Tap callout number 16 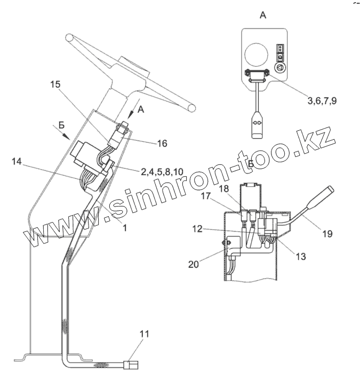point(162,143)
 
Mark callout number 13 point(301,256)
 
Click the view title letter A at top point(262,15)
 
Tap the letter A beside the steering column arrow point(141,109)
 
